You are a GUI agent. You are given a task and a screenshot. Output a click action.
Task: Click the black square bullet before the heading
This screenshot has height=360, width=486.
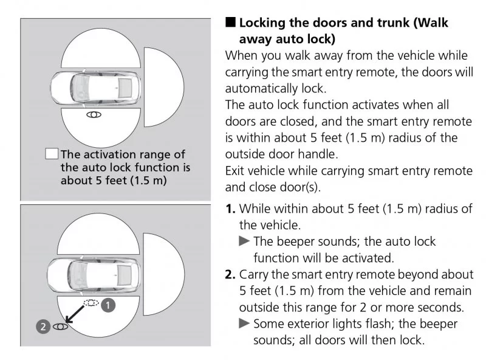(x=230, y=24)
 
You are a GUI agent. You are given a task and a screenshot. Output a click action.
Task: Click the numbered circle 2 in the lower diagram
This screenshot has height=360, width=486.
(x=42, y=327)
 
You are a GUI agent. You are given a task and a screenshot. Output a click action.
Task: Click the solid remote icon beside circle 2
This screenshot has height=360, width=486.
(x=59, y=327)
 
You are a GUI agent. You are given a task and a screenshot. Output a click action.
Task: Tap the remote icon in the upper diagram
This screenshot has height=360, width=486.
(x=94, y=114)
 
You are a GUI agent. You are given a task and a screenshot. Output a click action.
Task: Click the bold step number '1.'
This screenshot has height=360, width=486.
(x=231, y=209)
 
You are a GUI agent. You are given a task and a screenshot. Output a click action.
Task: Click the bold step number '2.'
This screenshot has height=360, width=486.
(x=231, y=274)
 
